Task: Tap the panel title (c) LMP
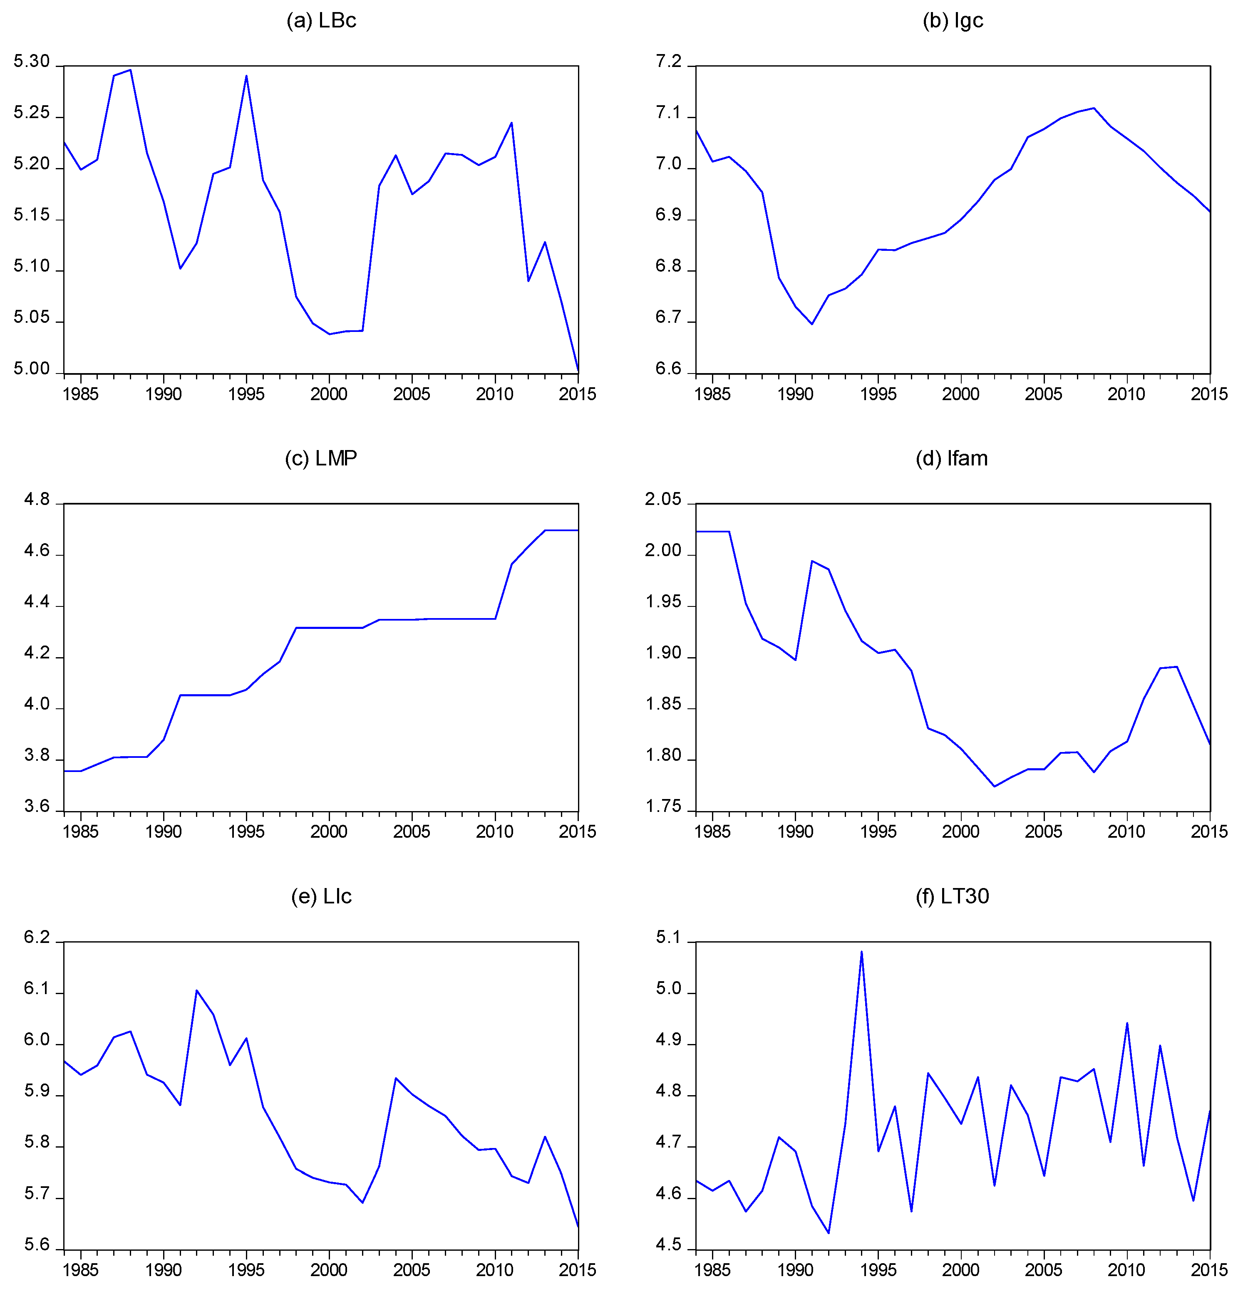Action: [x=321, y=458]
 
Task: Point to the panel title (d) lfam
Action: [x=952, y=458]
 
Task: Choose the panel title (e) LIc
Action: [x=321, y=896]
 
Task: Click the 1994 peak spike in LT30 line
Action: [x=862, y=952]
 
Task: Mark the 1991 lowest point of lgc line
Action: [x=812, y=324]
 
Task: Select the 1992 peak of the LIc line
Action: [x=197, y=990]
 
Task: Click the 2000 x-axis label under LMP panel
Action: [x=329, y=832]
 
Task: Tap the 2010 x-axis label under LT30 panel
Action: [x=1126, y=1270]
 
